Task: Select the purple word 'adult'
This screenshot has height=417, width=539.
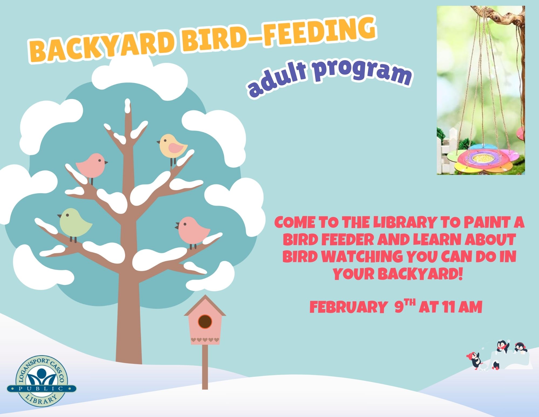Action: click(277, 80)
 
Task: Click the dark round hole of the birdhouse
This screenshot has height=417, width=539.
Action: click(205, 321)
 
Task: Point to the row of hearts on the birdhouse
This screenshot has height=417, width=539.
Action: click(205, 340)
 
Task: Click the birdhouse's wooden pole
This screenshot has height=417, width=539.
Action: click(205, 367)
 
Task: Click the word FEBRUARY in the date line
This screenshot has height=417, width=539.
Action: click(348, 307)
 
